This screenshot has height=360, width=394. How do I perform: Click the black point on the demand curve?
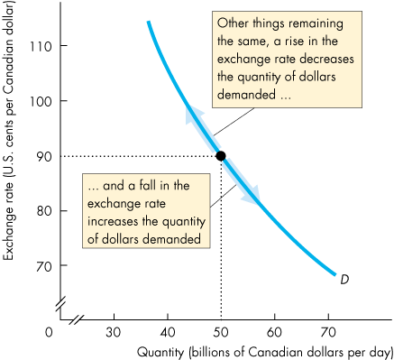click(x=221, y=155)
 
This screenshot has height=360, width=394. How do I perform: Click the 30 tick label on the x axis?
click(x=114, y=331)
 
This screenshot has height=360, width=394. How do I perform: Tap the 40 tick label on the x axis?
click(x=168, y=331)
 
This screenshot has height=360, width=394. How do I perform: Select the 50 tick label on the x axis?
click(x=221, y=331)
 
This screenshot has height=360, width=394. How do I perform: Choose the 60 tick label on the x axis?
click(x=275, y=331)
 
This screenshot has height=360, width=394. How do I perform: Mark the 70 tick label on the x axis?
click(x=328, y=331)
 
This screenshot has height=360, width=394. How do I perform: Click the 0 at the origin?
click(x=50, y=331)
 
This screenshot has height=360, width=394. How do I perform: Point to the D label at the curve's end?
click(x=344, y=280)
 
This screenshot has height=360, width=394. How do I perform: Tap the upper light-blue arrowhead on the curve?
click(x=191, y=112)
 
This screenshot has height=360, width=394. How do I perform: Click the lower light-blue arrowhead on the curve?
click(x=254, y=195)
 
